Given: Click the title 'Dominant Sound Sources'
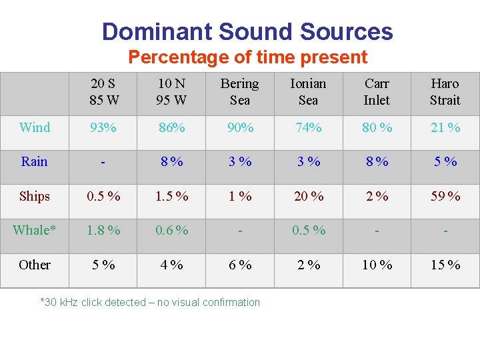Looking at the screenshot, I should click(247, 31).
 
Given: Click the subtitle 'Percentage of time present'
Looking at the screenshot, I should click(247, 57).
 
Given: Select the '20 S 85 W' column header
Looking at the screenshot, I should click(103, 92).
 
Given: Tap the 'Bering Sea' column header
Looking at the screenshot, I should click(239, 92).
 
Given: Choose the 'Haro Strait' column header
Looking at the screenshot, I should click(445, 92).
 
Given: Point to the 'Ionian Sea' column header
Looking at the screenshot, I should click(308, 92).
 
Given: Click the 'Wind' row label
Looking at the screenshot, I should click(35, 127).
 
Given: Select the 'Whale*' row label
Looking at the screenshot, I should click(35, 230).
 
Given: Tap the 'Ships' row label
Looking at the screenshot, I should click(35, 196).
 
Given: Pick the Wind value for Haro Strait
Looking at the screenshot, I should click(445, 127).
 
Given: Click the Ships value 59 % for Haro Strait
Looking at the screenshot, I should click(445, 196).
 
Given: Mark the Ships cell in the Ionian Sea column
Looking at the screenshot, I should click(308, 196).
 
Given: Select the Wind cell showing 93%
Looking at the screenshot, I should click(103, 127).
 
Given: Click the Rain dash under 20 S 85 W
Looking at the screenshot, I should click(103, 162).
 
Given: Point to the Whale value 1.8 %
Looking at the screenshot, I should click(103, 230).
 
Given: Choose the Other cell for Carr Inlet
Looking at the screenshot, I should click(377, 265).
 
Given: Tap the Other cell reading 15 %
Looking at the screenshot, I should click(445, 265).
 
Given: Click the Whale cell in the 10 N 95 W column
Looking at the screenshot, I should click(171, 230).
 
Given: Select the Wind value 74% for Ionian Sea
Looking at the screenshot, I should click(308, 127).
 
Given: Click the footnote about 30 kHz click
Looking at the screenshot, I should click(150, 302).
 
